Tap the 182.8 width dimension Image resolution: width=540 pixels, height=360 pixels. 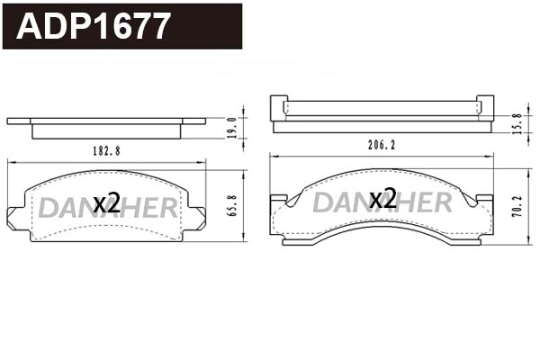coord(106,151)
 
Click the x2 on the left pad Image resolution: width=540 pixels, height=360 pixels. coord(107,203)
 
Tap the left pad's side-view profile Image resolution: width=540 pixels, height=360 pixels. coord(106,127)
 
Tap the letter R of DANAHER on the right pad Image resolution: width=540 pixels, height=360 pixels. coord(439,202)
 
